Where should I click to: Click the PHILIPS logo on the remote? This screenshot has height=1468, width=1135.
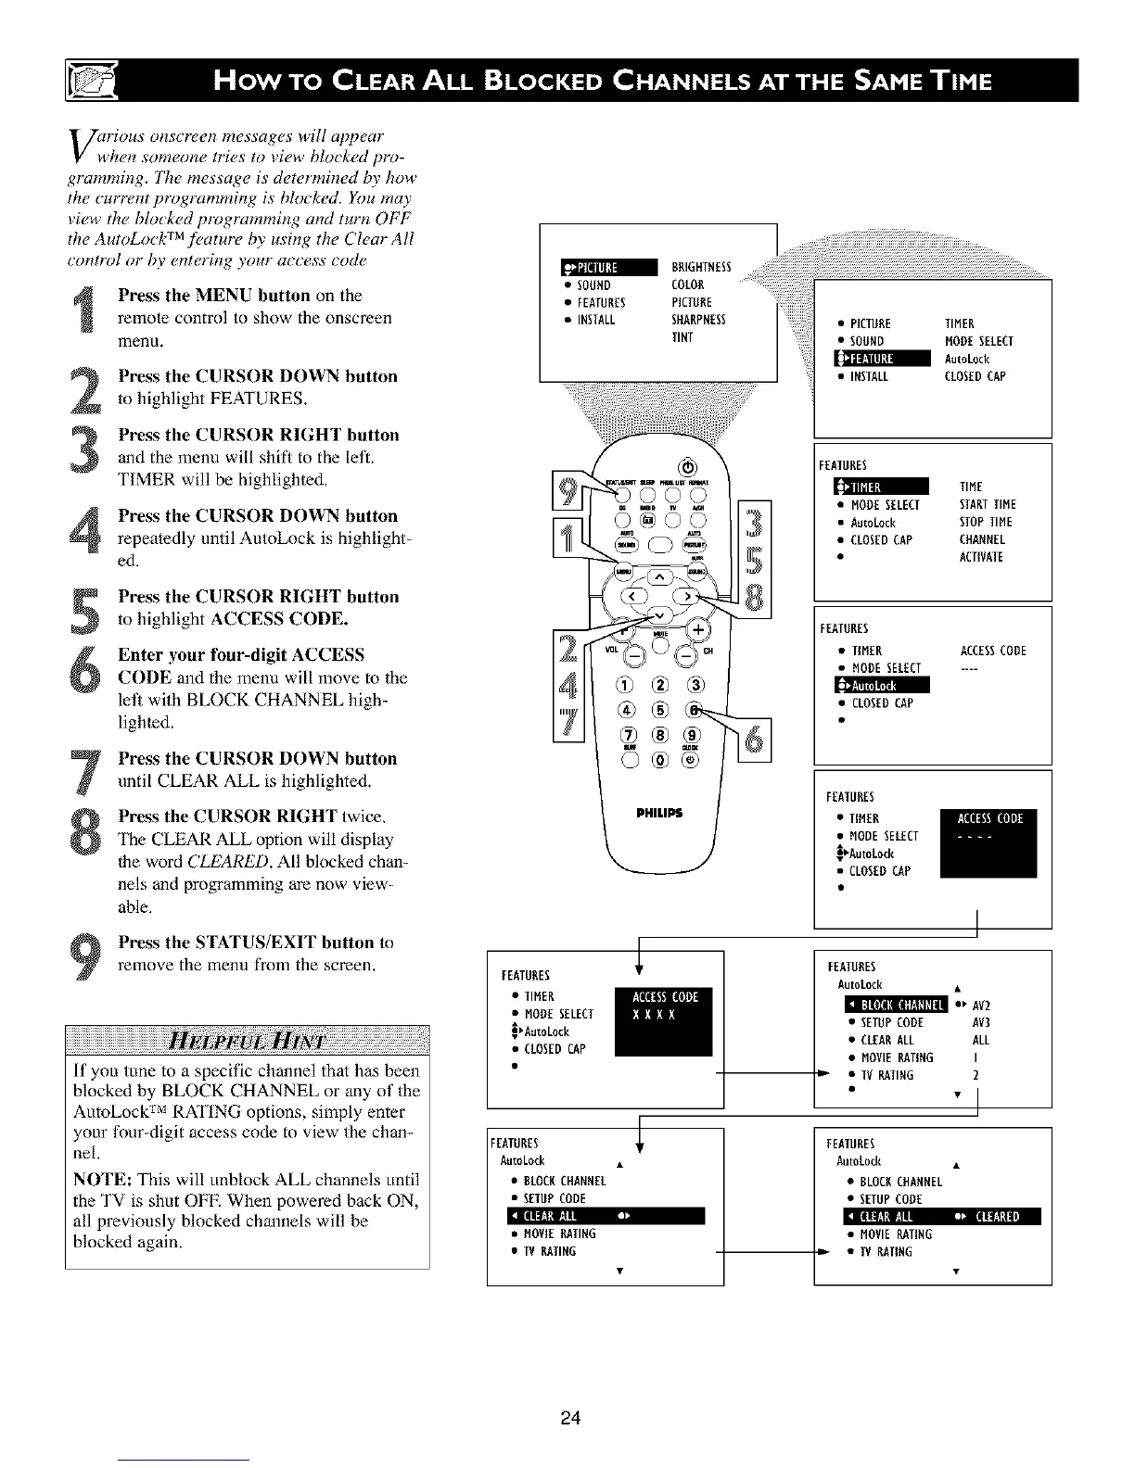click(x=659, y=814)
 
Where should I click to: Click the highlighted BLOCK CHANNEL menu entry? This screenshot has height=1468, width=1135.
click(x=895, y=1006)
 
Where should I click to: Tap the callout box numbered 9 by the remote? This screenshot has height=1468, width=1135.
click(x=566, y=489)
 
